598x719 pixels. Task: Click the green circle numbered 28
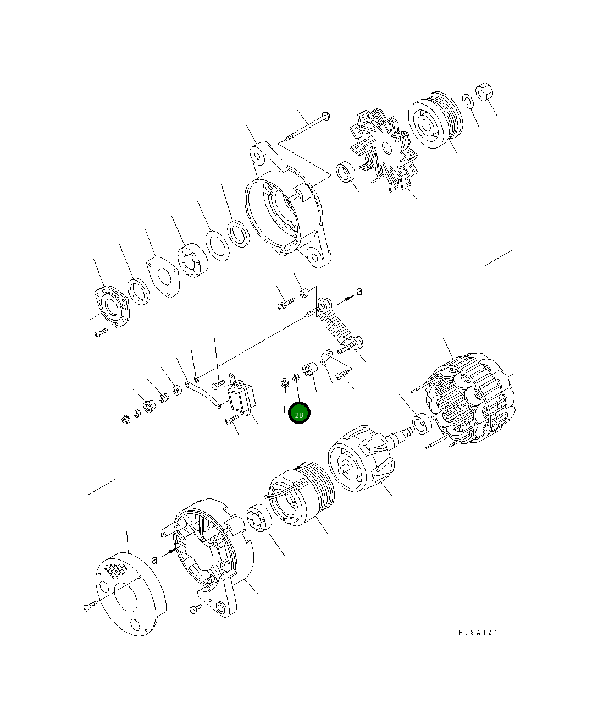click(300, 414)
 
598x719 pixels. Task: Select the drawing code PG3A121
click(478, 633)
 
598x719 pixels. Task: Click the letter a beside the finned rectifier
click(359, 292)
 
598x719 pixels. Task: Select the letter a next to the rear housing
click(154, 559)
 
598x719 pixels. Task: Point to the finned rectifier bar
click(337, 325)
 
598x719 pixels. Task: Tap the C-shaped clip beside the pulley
click(466, 100)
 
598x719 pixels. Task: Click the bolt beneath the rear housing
click(196, 610)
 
